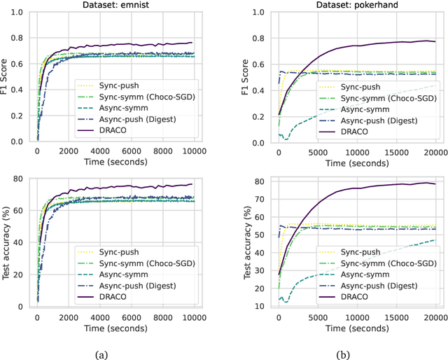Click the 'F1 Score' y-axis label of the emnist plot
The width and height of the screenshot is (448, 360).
tap(6, 77)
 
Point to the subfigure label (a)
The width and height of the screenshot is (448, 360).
tap(101, 354)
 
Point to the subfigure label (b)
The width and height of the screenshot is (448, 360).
tap(344, 354)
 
